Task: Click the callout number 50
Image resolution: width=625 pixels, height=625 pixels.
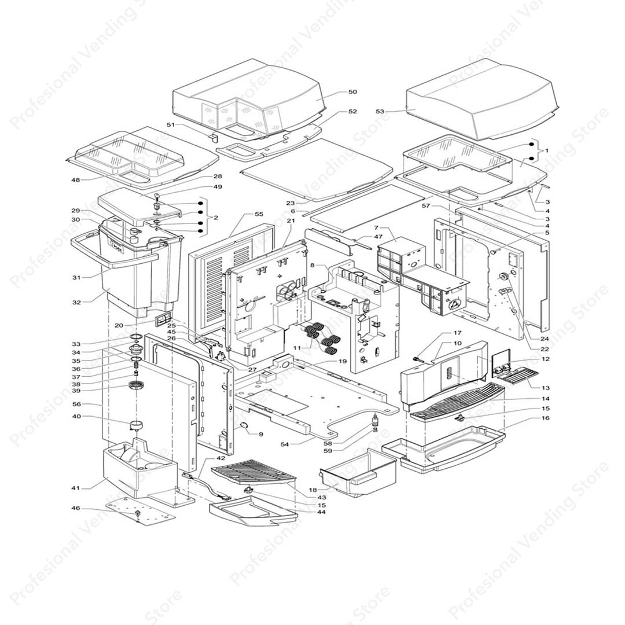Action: coord(352,92)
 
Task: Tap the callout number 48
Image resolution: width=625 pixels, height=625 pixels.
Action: coord(76,180)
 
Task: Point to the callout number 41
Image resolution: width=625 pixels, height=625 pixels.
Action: coord(76,488)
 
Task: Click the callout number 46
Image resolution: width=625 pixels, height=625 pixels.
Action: coord(76,508)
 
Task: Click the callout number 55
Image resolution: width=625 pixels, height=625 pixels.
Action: coord(259,214)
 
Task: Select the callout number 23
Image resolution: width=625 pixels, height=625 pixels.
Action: coord(290,203)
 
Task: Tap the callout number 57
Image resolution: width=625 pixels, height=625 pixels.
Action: coord(426,206)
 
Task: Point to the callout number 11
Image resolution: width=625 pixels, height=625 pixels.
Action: coord(297,347)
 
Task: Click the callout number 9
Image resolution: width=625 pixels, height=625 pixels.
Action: coord(261,433)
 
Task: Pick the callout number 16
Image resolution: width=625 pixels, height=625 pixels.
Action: coord(546,418)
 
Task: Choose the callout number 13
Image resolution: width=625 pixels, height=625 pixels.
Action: coord(546,388)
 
